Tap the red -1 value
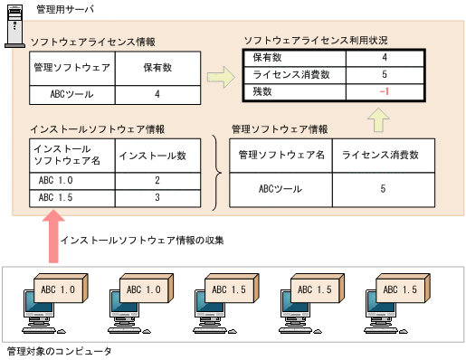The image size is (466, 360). coord(385,92)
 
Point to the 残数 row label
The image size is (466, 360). coord(262,92)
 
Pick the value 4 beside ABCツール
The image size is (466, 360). coord(157,94)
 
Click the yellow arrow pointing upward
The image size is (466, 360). coord(381,118)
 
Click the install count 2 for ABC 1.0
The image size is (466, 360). coord(157,181)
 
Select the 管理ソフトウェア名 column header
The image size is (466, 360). coord(281,156)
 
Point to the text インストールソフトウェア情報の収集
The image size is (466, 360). coord(142,241)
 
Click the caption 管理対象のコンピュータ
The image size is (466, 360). coord(58,351)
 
